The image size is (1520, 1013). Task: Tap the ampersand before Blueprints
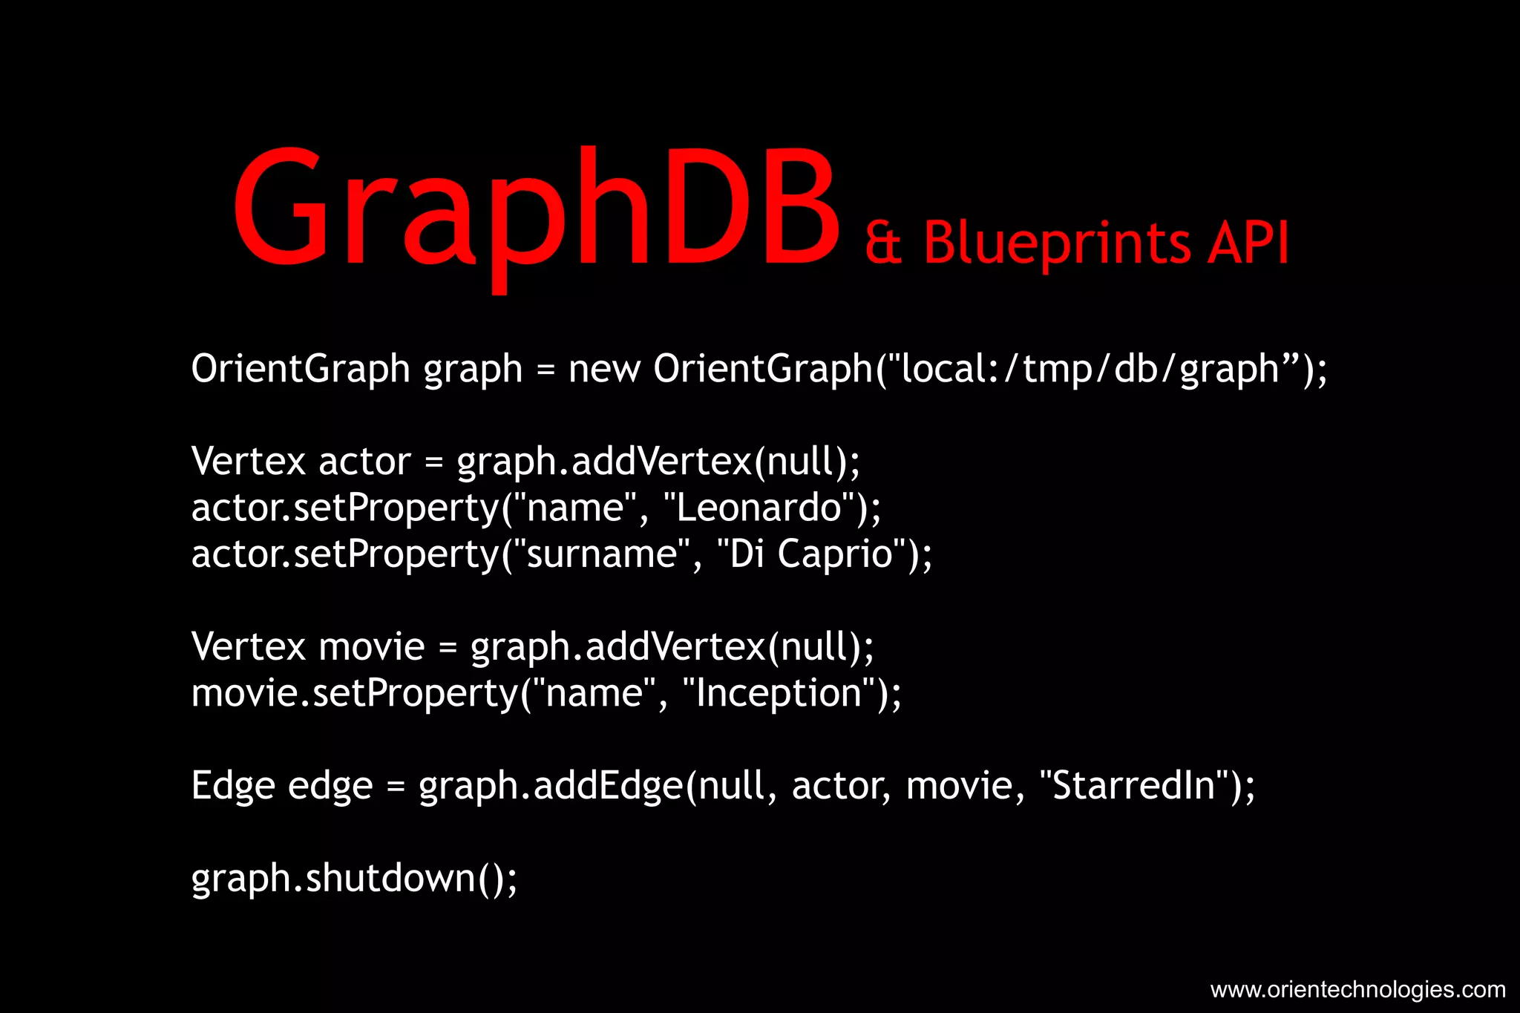883,243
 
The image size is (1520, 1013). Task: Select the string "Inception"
779,693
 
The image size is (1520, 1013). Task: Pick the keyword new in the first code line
603,369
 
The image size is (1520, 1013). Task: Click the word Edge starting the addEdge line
232,786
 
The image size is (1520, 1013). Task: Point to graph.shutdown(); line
354,879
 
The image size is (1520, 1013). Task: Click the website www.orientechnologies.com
1357,990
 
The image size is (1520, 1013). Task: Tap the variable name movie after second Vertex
371,647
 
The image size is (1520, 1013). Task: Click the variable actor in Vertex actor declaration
364,462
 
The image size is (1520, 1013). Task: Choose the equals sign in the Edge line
396,787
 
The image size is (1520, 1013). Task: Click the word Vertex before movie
248,647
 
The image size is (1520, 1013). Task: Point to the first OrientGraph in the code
300,369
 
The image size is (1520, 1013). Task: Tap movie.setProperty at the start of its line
355,693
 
